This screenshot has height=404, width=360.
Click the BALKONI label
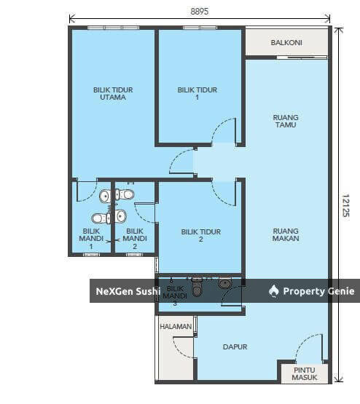pos(286,42)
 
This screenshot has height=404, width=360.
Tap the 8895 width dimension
pos(200,12)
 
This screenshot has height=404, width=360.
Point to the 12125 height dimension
pos(345,205)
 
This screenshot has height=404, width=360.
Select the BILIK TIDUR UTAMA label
pos(113,93)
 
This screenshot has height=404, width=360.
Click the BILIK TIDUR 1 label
pos(197,93)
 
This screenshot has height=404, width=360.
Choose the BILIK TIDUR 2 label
pos(201,236)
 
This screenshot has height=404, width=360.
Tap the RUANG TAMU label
pos(286,121)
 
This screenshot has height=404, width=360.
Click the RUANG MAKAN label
pos(286,234)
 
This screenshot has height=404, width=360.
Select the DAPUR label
pos(235,346)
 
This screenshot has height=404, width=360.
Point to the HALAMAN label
pos(176,326)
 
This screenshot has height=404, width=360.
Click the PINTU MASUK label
pos(305,373)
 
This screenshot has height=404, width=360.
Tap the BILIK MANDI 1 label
pos(91,239)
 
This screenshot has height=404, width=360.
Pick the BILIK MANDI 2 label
pos(135,239)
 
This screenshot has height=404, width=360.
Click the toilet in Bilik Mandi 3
pos(197,287)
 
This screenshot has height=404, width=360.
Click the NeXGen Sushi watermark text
pos(128,291)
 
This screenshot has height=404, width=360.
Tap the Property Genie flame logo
pos(274,291)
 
